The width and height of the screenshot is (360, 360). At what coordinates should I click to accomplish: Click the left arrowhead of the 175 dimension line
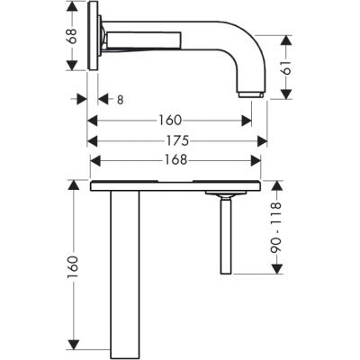[91, 140]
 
